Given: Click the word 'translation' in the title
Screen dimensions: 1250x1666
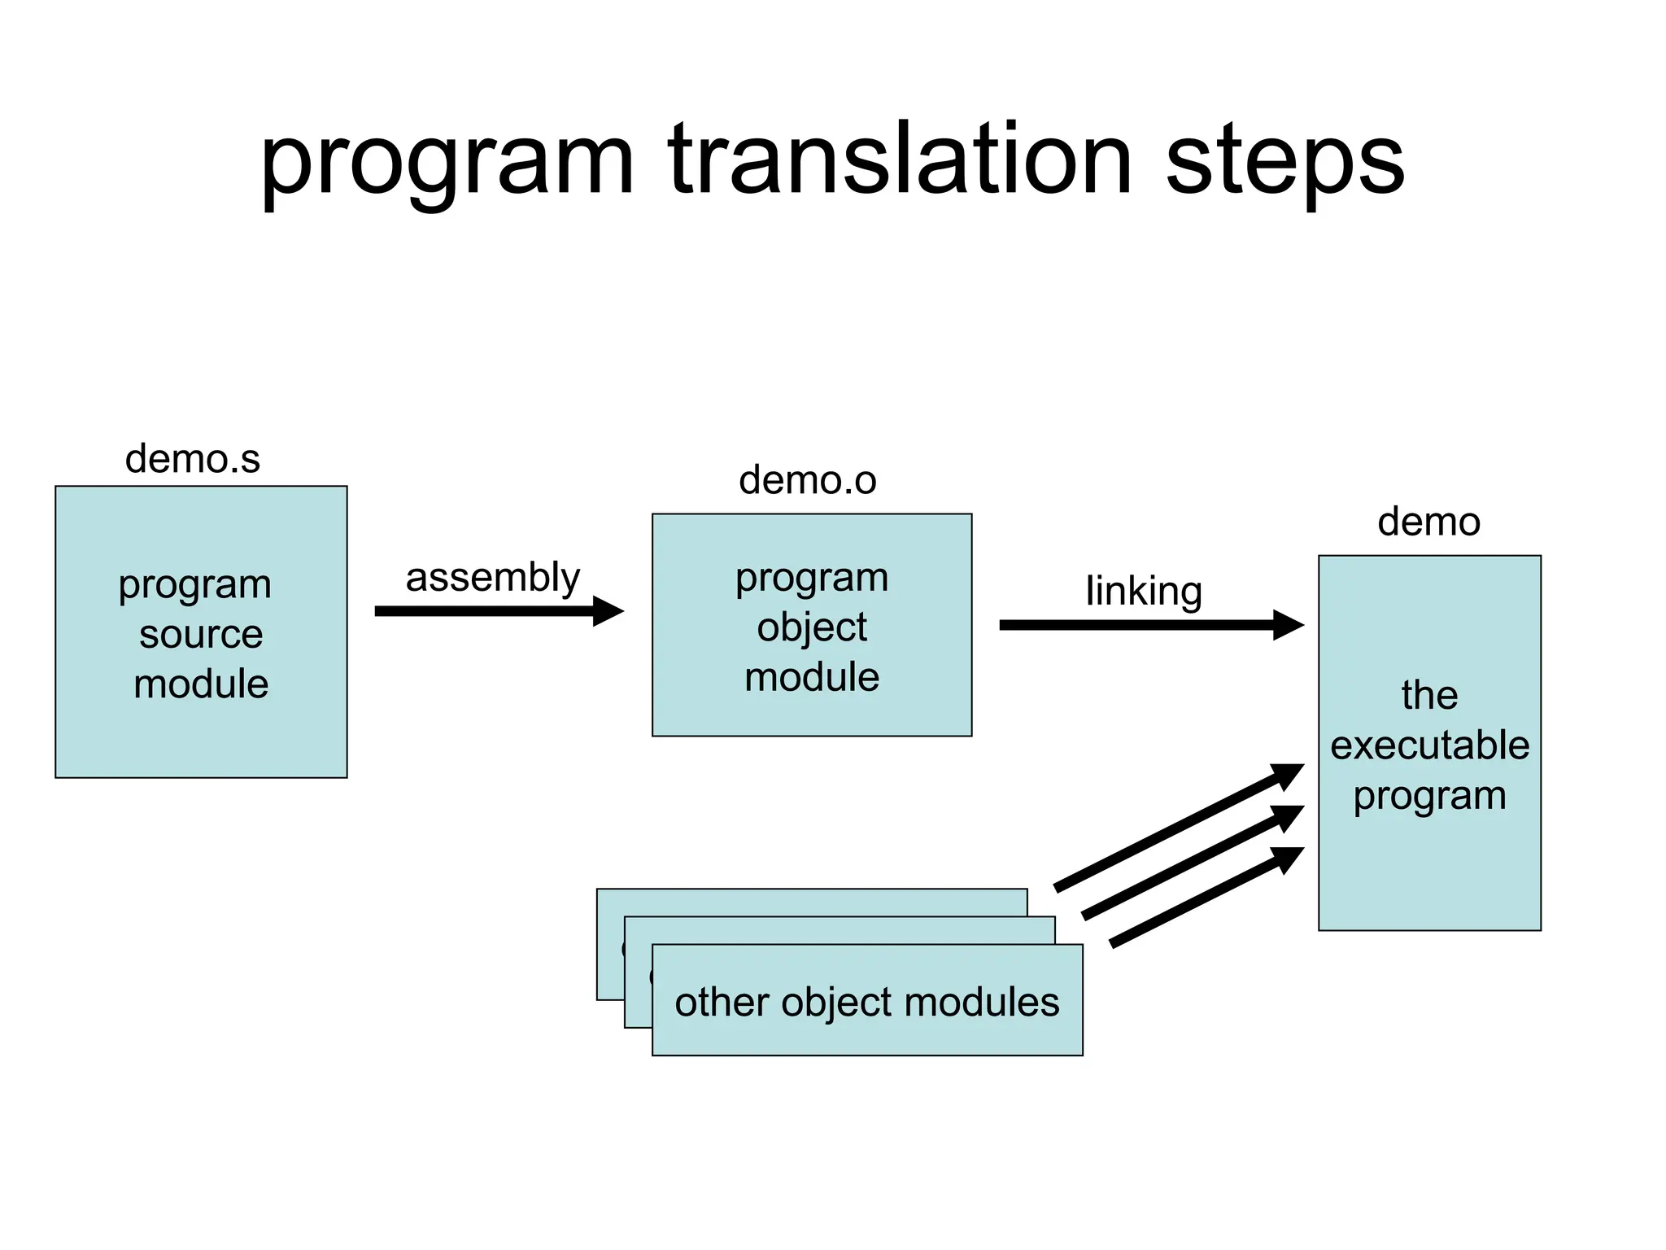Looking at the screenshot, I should coord(899,160).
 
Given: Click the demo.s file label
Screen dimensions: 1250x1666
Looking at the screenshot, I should coord(193,459).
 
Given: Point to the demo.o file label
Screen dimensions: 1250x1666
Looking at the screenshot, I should coord(807,480).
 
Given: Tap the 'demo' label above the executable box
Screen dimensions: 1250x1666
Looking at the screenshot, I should coord(1428,522).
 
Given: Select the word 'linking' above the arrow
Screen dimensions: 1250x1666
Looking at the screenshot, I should coord(1144,592).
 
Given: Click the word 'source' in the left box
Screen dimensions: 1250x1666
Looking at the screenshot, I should coord(201,634).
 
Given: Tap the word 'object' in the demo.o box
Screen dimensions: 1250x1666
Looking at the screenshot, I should coord(812,627).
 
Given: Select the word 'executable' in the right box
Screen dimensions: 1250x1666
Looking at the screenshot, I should coord(1429,745).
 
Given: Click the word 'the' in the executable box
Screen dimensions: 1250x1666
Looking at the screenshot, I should coord(1429,696).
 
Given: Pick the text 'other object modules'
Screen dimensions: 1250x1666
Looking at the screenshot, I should coord(867,1002).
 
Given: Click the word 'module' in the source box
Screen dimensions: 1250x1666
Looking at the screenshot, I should coord(201,684).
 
